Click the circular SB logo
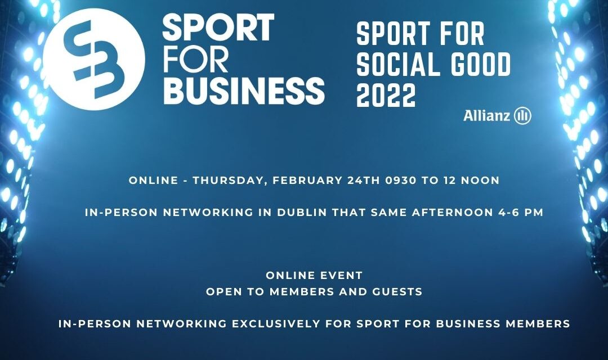(x=94, y=59)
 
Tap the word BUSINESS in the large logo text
(x=244, y=91)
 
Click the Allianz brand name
(x=486, y=115)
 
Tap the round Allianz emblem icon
(x=522, y=115)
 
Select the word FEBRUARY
(x=308, y=181)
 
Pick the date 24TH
(x=364, y=181)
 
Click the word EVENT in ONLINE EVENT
(x=340, y=276)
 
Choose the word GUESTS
(x=397, y=291)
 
